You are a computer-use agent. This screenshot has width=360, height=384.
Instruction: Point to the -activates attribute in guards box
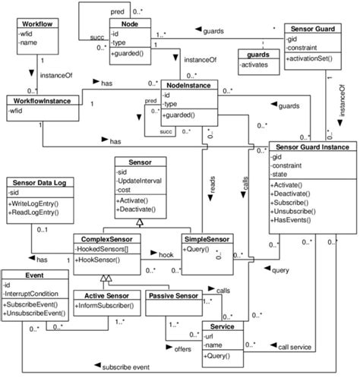(x=255, y=65)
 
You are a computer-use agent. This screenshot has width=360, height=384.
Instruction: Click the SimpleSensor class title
(x=207, y=239)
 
